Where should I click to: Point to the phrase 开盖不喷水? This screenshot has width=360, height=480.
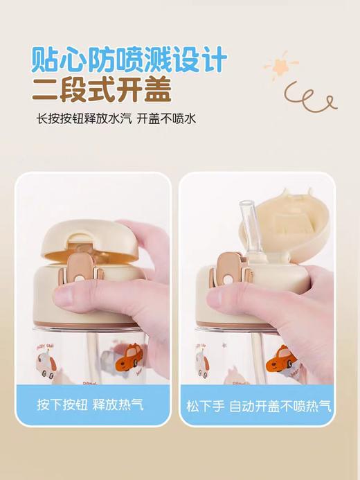pos(166,118)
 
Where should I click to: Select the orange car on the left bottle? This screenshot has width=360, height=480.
pos(127,362)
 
